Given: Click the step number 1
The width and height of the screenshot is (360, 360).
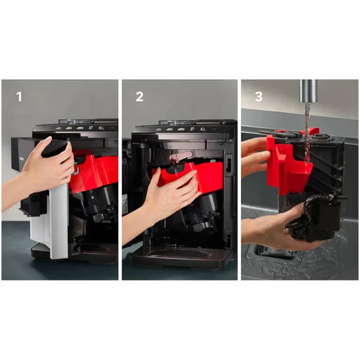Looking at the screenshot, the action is pos(19,97).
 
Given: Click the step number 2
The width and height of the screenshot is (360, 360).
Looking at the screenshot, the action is pos(140,97).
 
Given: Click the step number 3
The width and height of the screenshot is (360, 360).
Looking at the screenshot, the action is pos(259,97).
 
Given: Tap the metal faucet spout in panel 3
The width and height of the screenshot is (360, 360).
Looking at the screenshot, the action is pos(308,91).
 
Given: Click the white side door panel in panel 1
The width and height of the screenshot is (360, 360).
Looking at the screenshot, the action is pos(59,220).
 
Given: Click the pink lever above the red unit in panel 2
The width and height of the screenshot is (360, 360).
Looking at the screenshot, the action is pos(180,156).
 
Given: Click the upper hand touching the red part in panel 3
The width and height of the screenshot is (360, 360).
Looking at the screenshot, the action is pos(255,156).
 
